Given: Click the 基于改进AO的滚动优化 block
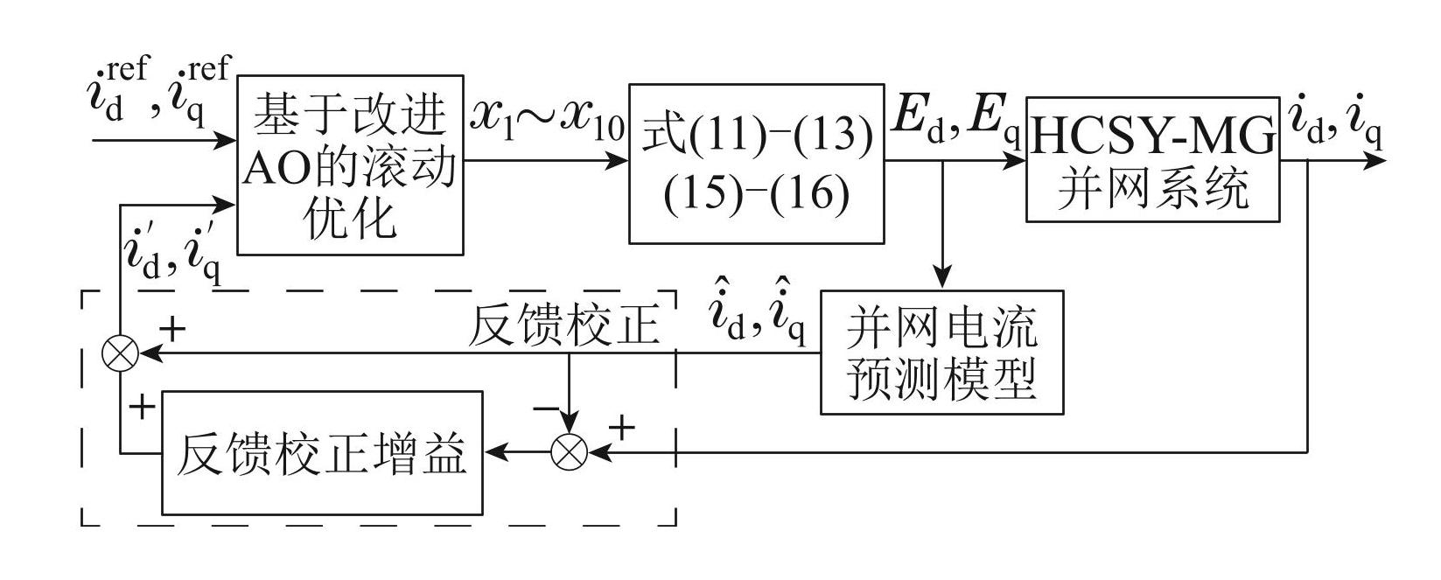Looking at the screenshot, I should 350,164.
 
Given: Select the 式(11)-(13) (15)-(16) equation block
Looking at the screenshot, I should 756,164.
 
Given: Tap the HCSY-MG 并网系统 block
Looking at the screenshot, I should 1153,158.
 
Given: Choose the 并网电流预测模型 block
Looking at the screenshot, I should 941,352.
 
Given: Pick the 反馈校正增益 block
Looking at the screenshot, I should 321,452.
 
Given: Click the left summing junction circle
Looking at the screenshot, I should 120,353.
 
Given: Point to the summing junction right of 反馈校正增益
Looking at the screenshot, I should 569,452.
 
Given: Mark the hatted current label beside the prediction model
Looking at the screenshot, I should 758,322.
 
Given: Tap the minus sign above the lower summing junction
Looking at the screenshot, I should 545,408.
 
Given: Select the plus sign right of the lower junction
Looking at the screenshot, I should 620,428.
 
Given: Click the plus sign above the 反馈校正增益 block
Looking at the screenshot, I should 141,407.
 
